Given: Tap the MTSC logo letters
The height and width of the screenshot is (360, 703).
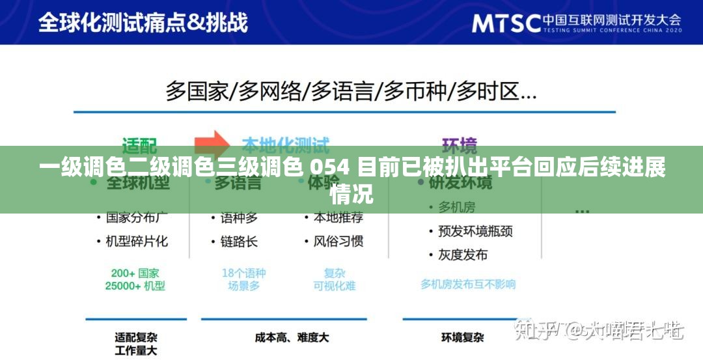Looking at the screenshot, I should point(506,23).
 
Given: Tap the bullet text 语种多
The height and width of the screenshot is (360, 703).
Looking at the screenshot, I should point(239,217).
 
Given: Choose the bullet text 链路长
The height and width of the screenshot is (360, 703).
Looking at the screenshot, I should point(239,241).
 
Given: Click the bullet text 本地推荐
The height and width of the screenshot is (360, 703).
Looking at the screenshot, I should point(338,217).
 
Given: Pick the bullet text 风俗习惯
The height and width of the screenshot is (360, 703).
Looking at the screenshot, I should point(338,241).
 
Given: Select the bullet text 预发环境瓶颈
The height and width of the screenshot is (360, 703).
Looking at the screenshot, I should point(475,230).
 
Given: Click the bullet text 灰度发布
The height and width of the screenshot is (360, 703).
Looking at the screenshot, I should point(463,255).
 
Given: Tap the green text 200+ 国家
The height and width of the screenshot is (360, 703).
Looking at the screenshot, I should point(135,273).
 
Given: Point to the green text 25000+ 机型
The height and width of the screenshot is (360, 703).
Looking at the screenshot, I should point(135,286).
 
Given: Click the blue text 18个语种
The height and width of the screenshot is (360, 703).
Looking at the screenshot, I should point(244,273).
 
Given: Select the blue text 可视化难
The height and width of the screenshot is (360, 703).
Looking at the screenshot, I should point(335,286).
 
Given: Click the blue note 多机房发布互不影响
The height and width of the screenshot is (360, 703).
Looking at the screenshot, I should point(468,284).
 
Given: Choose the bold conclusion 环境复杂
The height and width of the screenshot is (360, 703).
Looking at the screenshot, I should point(462,338).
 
